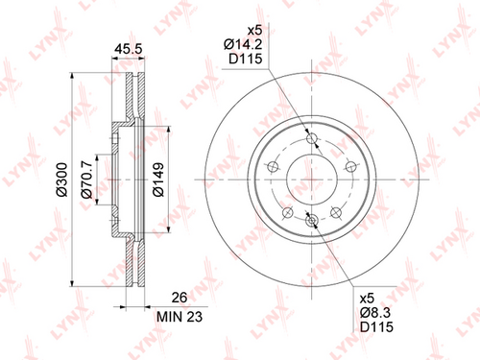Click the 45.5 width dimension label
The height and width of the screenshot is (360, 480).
tap(128, 49)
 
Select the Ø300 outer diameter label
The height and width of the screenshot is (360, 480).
tap(61, 180)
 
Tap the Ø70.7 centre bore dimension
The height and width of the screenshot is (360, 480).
tap(86, 180)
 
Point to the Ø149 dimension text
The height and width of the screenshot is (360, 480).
tap(158, 180)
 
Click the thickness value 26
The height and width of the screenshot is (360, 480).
tap(180, 298)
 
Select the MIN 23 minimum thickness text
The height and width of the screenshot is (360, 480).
tap(180, 317)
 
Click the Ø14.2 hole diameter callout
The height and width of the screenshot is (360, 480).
tap(243, 44)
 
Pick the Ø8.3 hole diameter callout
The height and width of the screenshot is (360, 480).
tap(375, 313)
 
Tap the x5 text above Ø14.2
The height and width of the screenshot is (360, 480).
tap(255, 31)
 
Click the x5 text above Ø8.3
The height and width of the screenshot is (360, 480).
tap(367, 299)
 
